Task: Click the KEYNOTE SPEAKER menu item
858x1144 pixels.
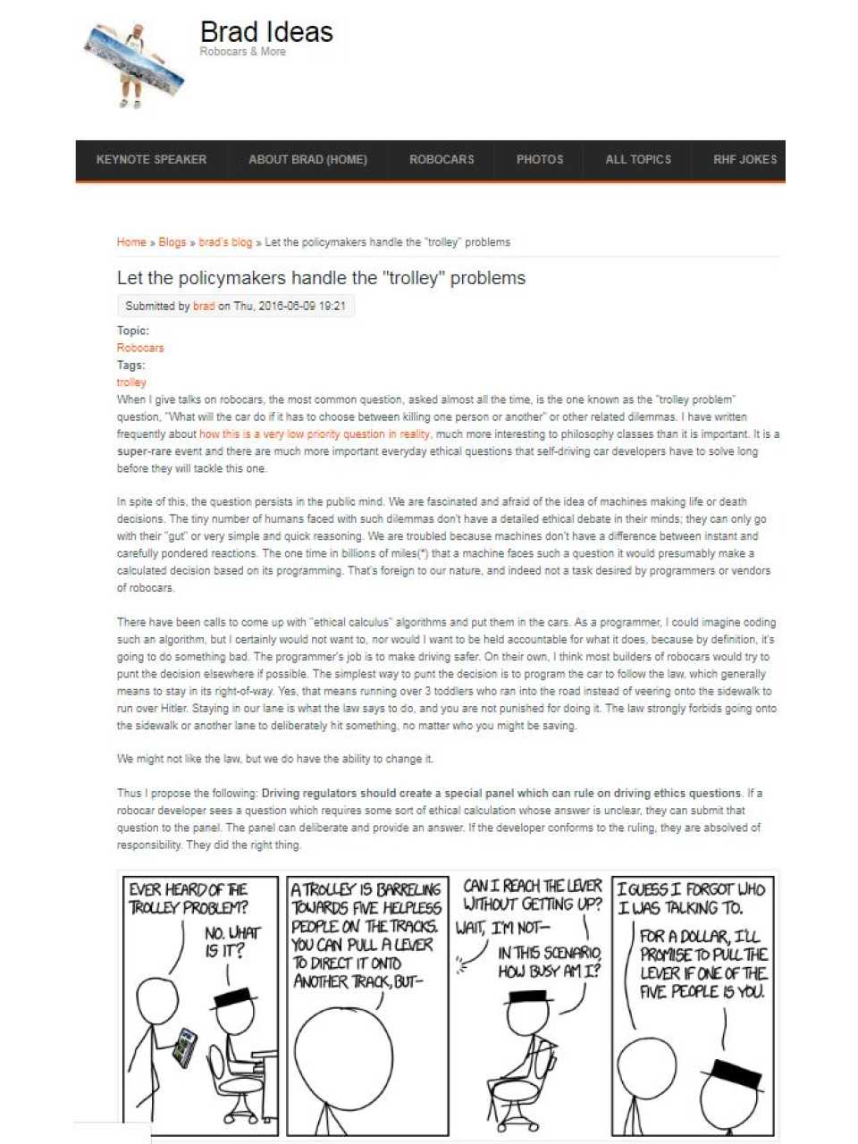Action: (x=151, y=160)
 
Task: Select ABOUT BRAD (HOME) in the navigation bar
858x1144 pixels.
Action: (x=307, y=160)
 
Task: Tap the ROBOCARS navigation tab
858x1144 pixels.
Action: (x=442, y=160)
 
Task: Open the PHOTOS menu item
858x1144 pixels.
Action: (x=540, y=160)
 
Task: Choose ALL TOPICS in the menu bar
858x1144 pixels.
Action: (x=638, y=160)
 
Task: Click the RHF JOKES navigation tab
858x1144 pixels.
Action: (x=744, y=160)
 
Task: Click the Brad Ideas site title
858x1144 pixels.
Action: (x=266, y=33)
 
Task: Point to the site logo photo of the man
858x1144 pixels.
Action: (x=135, y=64)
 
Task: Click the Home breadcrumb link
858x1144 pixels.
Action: (x=131, y=242)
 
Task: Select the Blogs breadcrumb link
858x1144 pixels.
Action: (x=172, y=242)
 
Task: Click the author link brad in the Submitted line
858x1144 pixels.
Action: (x=204, y=306)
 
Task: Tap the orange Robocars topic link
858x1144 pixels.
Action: (x=140, y=348)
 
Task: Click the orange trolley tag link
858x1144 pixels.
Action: (x=131, y=383)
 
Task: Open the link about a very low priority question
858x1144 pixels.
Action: (x=315, y=434)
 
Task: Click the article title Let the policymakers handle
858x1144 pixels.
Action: (x=321, y=278)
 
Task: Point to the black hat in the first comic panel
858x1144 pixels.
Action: (x=235, y=996)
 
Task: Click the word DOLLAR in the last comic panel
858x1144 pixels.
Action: (x=702, y=936)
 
